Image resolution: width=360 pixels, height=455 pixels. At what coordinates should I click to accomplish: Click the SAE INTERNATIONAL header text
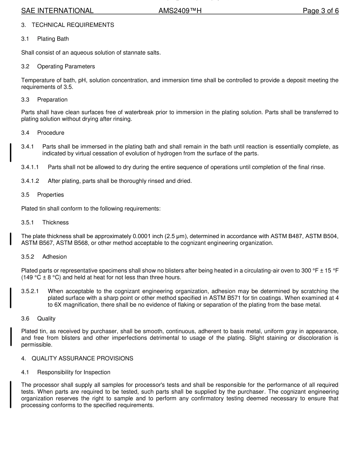tap(57, 11)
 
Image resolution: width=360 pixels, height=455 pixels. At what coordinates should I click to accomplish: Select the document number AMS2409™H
tap(180, 11)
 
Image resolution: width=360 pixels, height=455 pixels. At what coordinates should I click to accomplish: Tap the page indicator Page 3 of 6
tap(321, 11)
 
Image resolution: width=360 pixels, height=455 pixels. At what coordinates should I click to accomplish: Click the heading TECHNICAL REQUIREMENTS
tap(73, 25)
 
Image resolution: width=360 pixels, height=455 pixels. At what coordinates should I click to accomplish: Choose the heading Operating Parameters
tap(66, 67)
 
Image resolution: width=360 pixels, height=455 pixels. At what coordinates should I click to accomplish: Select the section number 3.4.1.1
tap(30, 167)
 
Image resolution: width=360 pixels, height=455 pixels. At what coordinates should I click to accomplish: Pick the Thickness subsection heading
tap(55, 223)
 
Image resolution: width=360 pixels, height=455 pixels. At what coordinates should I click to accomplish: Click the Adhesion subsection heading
tap(55, 257)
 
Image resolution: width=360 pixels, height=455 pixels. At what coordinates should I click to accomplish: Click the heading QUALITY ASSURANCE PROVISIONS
tap(82, 358)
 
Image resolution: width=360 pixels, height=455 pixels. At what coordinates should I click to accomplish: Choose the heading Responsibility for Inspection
tap(74, 372)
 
